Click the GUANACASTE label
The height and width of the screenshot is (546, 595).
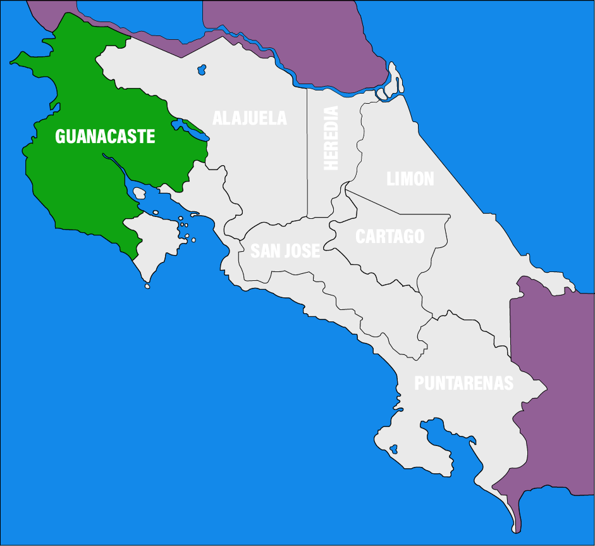[105, 136]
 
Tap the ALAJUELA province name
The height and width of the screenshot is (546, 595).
[249, 118]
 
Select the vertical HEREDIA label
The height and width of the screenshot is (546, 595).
[331, 138]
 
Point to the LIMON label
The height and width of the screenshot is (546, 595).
[410, 179]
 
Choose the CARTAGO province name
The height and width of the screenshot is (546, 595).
[390, 237]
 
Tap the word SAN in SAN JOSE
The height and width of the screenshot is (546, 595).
[264, 251]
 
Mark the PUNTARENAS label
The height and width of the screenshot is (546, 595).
[463, 383]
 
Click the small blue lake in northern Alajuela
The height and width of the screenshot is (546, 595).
[202, 68]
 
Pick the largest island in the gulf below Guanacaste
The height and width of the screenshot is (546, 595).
[140, 192]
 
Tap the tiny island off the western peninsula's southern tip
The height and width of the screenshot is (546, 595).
[147, 287]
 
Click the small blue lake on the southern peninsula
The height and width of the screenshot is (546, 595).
[393, 450]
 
